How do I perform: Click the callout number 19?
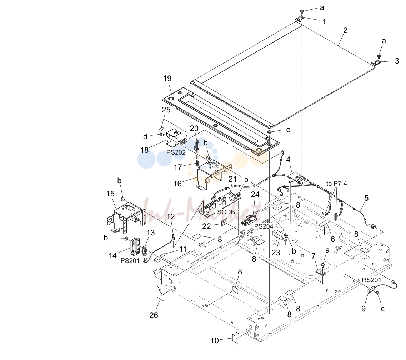[167, 78]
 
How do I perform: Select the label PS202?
[176, 152]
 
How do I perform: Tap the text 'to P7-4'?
[337, 184]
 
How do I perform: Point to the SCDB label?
[226, 212]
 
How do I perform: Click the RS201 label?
[372, 280]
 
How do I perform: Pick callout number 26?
[154, 315]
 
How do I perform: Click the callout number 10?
[215, 340]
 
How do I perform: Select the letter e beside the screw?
[288, 130]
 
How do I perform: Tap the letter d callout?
[145, 136]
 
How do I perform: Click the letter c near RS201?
[383, 309]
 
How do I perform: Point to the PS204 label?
[264, 226]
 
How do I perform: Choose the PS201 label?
[130, 261]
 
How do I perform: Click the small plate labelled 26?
[161, 294]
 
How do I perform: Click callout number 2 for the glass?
[345, 30]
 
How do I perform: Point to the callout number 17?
[177, 167]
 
